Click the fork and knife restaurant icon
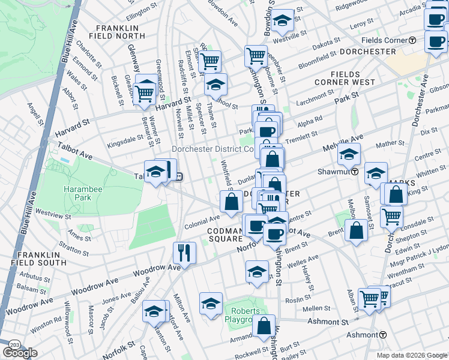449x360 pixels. [x=184, y=252]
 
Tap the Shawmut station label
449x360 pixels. [x=338, y=172]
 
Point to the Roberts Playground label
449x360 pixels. [x=243, y=315]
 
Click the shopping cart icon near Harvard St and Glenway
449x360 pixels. [x=145, y=94]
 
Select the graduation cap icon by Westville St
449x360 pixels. [x=281, y=21]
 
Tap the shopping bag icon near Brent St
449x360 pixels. [x=356, y=231]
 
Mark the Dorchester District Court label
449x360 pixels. [x=213, y=149]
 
